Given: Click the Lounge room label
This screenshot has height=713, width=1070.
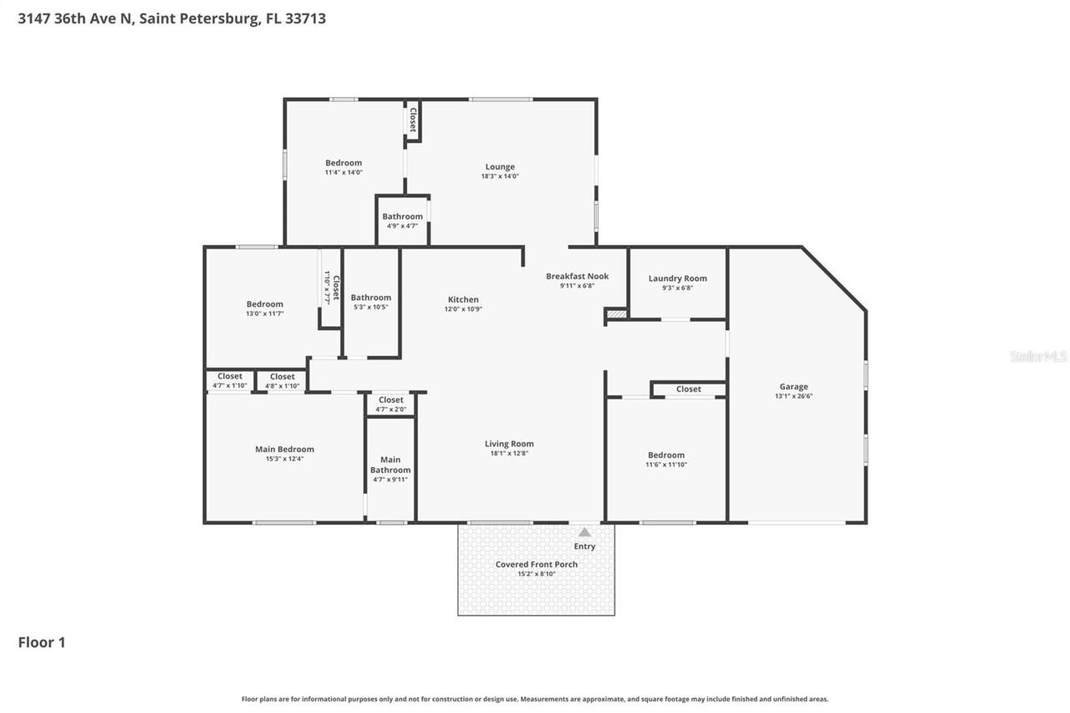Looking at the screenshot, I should point(500,166).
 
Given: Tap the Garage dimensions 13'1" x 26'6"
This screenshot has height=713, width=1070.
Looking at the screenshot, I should point(793,396).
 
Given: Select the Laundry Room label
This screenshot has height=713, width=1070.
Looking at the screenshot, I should point(677,278).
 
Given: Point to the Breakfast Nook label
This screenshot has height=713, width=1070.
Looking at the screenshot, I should point(577,276).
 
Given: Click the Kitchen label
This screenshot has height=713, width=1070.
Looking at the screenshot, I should point(463,299).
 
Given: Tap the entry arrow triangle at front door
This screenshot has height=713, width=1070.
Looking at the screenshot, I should point(584,532).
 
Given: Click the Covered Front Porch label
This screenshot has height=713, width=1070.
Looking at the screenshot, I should point(536,564).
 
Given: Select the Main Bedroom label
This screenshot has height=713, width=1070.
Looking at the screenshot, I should point(284,449).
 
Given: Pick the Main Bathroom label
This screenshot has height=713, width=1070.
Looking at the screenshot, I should point(390,465).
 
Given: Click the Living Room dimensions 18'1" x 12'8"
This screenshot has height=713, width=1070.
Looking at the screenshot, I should point(509,453).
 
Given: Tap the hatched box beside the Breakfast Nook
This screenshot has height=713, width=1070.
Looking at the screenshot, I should point(616,314).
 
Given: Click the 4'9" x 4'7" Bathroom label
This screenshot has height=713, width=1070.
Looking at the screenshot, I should point(402,216).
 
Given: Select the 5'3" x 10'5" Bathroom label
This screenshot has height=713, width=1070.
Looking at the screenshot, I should point(370,298).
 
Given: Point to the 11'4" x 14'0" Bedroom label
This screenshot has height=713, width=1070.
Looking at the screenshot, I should point(344,163).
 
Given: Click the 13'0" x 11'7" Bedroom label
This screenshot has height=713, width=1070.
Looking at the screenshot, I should point(264,304).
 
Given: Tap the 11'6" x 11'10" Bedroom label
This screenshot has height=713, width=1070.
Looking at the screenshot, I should point(665,456).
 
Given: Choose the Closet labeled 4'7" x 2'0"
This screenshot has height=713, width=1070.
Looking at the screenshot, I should point(390,400).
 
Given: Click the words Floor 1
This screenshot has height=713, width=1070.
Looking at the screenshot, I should point(42,642).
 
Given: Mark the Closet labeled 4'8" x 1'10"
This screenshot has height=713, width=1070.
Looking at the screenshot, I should point(282,377).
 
